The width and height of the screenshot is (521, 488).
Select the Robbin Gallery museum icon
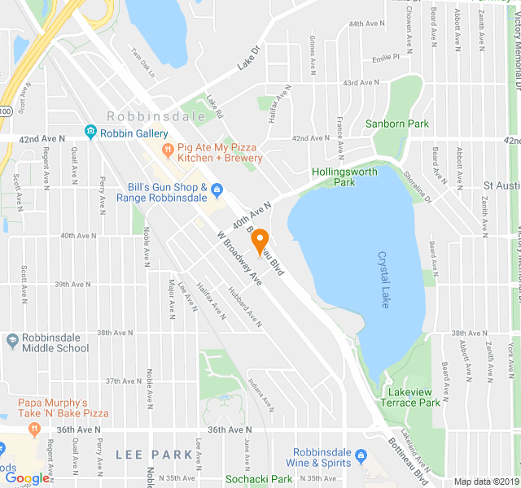90,132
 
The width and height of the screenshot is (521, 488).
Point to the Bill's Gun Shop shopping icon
217,191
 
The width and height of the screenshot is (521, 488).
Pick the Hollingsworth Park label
344,176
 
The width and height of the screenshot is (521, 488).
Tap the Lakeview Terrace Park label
409,397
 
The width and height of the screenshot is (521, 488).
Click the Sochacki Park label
258,479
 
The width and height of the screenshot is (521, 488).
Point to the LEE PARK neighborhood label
146,453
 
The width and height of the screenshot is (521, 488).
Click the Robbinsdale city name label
146,115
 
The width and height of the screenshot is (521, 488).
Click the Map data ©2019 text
484,481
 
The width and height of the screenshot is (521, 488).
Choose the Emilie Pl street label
385,58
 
